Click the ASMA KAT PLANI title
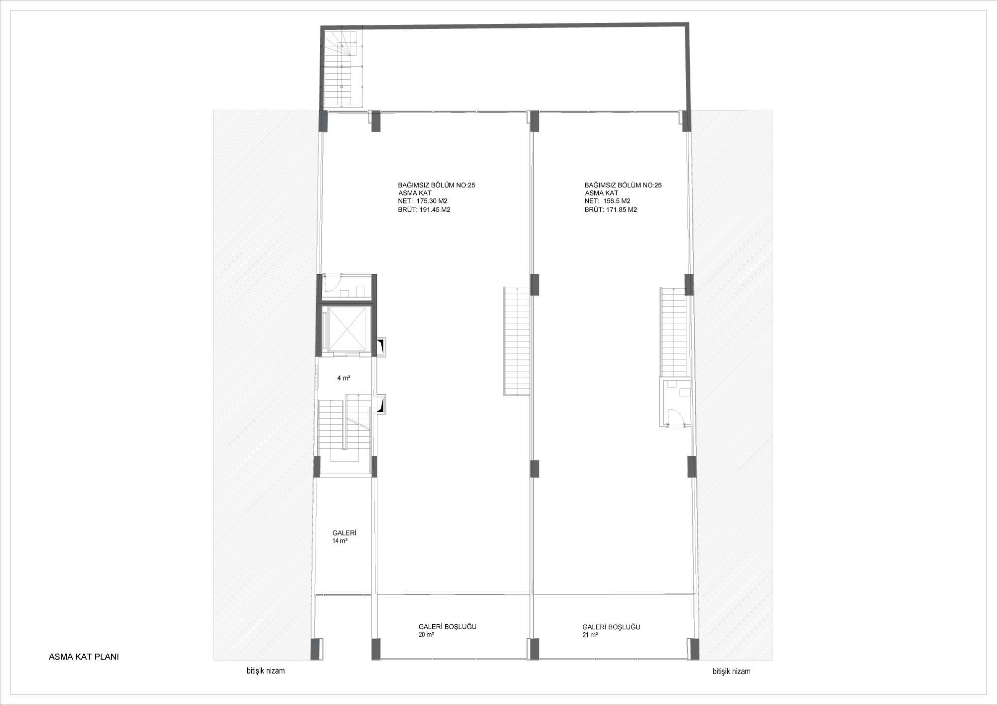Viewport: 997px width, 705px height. pos(84,657)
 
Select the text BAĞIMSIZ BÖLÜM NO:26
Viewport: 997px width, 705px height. pos(623,185)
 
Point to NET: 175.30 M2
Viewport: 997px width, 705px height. pos(423,201)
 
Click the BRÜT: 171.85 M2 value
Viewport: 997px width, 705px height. pos(611,210)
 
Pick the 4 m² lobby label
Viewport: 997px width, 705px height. pos(343,378)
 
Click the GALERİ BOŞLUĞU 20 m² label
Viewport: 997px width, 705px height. pos(447,631)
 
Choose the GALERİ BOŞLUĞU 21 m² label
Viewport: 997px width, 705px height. pos(611,631)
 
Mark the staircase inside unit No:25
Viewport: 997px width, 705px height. pos(516,342)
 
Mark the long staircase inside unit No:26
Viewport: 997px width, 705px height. pos(673,332)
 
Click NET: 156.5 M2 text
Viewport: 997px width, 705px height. pos(608,201)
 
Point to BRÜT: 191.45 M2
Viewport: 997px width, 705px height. pos(424,210)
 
